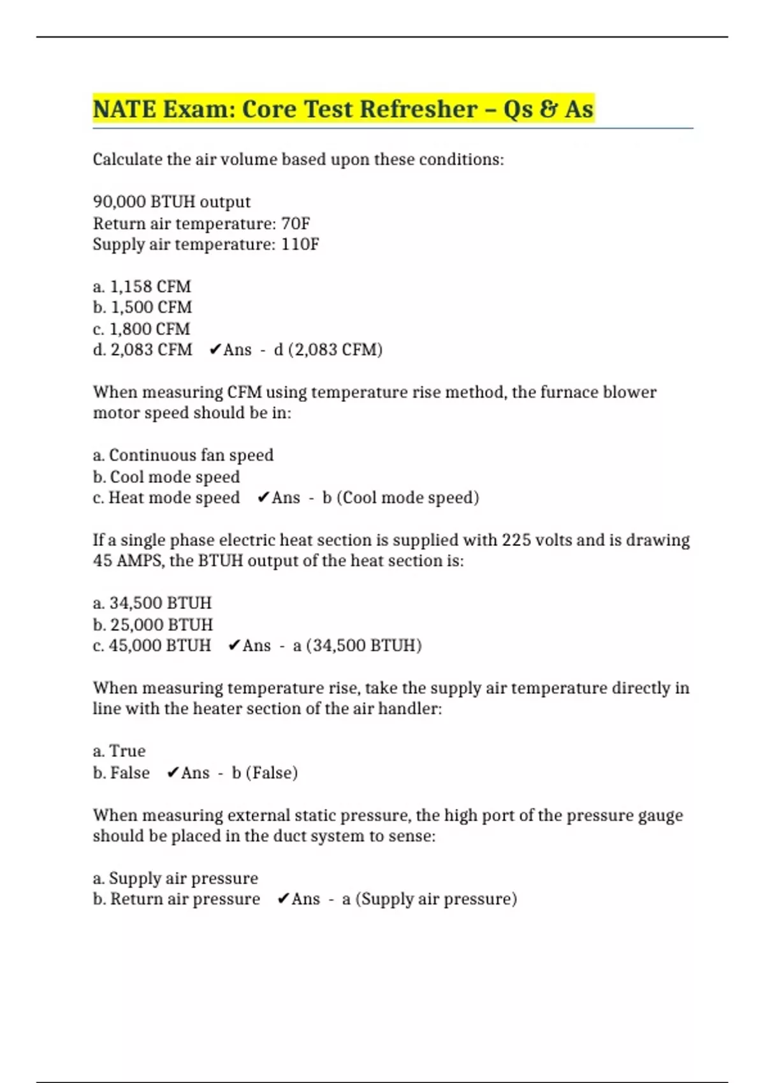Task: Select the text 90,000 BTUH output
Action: click(x=171, y=202)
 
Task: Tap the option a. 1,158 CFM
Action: click(x=142, y=287)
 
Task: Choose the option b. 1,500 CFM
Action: click(x=142, y=308)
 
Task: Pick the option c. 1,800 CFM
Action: click(x=141, y=329)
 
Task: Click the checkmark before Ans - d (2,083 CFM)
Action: click(x=215, y=350)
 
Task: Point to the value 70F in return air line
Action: click(x=295, y=224)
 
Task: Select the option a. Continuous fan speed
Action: click(x=183, y=455)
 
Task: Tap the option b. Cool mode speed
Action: click(x=166, y=477)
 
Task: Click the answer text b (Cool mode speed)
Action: click(x=400, y=498)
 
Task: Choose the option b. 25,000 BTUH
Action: click(x=153, y=624)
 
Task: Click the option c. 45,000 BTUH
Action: click(x=152, y=645)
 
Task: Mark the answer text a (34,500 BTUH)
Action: click(x=357, y=645)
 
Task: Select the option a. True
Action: click(x=119, y=751)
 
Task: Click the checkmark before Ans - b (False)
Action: click(x=173, y=773)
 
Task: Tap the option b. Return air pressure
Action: click(x=177, y=899)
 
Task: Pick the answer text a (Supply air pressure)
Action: click(x=429, y=899)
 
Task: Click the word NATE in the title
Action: click(x=124, y=109)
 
